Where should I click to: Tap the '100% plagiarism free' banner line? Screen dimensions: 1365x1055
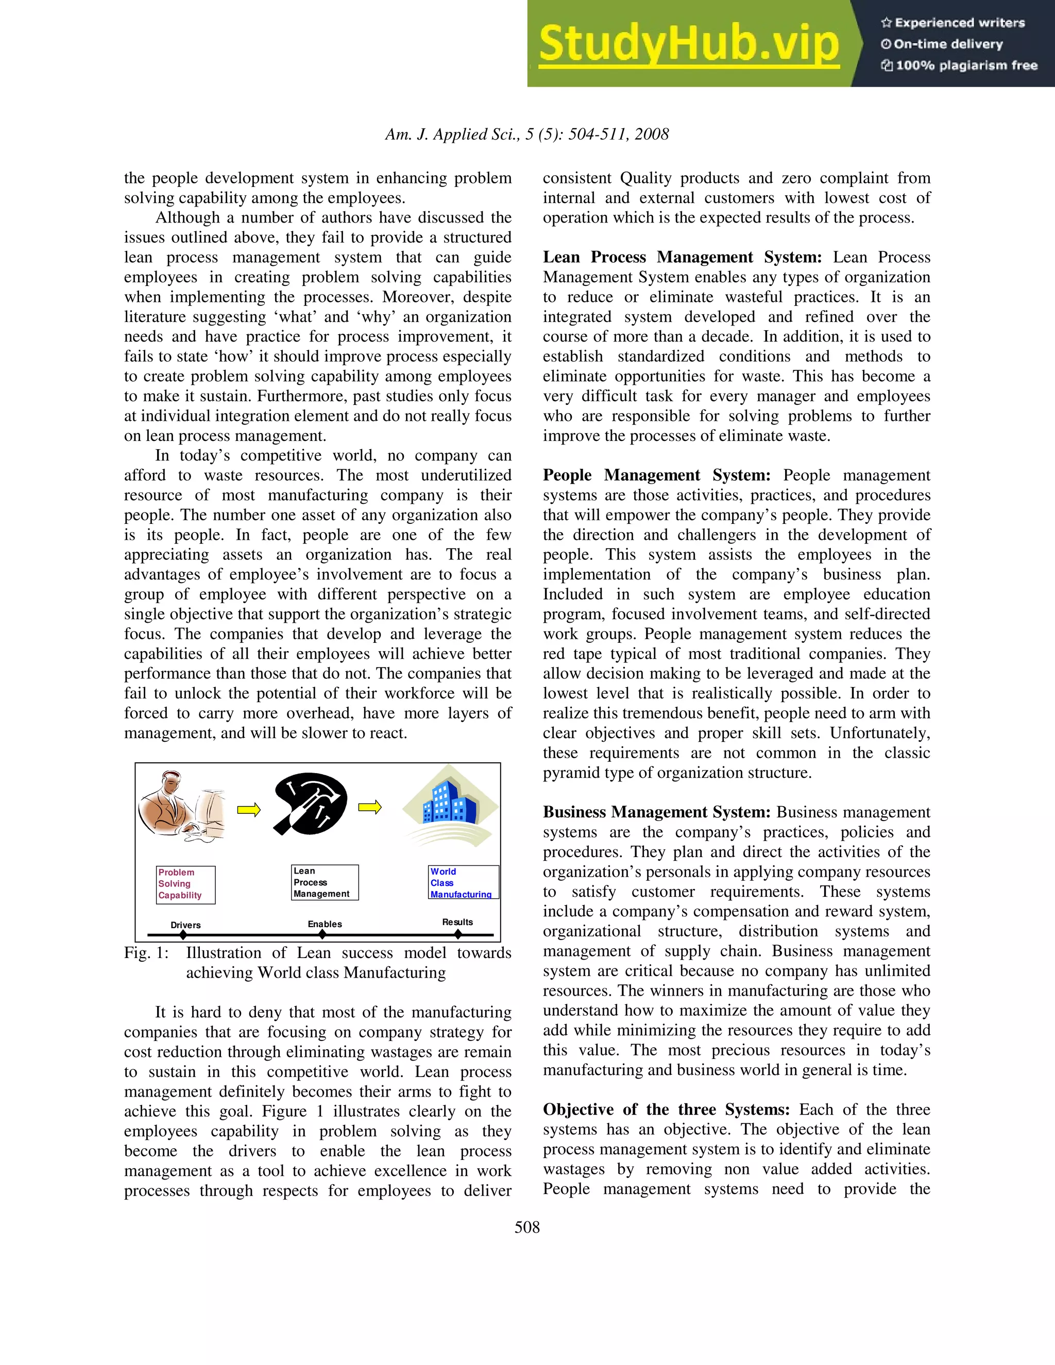coord(959,65)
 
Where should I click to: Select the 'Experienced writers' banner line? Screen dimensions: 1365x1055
coord(953,23)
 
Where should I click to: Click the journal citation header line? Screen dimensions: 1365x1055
coord(527,134)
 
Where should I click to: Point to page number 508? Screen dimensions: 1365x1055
coord(527,1227)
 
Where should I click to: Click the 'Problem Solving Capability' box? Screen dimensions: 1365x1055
coord(185,884)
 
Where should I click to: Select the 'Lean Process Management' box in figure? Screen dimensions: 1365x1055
coord(325,882)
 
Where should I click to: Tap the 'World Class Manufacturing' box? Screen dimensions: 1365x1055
coord(463,882)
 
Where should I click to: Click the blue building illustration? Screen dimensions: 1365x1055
coord(450,806)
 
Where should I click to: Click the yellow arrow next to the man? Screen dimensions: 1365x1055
coord(248,810)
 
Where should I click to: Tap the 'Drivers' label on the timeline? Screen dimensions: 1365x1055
coord(185,925)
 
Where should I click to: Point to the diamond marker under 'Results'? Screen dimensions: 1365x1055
coord(458,934)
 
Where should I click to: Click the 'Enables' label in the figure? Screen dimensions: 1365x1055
coord(325,924)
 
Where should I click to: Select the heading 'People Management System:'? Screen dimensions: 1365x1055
coord(656,475)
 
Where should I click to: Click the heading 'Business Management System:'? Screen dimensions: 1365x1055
coord(656,812)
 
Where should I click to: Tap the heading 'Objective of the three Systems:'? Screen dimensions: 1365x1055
coord(666,1110)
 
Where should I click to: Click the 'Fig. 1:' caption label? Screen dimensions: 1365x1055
coord(146,952)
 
